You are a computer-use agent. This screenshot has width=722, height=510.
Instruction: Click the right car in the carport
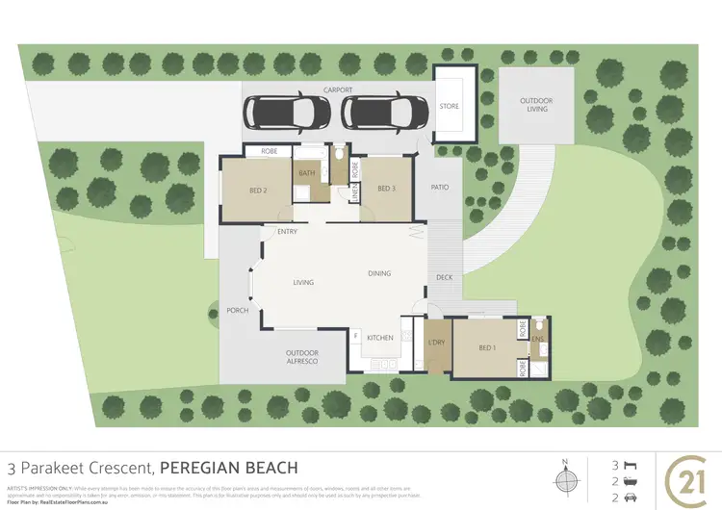[x=377, y=114]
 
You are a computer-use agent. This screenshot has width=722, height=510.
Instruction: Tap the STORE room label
[x=450, y=107]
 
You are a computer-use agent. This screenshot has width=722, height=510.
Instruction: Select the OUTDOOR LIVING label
[x=536, y=105]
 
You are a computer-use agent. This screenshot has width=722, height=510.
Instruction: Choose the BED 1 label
[x=487, y=347]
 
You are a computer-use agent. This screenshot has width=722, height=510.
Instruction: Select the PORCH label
[x=237, y=310]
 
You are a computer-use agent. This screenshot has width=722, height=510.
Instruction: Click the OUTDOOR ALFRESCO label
[x=302, y=358]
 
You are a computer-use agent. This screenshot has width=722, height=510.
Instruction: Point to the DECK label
[x=444, y=277]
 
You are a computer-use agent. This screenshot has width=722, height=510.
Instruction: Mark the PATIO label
[x=440, y=189]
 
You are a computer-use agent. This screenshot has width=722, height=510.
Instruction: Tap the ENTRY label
[x=286, y=232]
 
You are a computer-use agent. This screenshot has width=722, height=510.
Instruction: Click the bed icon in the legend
[x=631, y=463]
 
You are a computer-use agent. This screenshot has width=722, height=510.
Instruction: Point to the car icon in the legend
[x=631, y=497]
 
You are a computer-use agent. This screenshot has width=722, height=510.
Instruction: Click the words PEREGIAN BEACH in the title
[x=228, y=467]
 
